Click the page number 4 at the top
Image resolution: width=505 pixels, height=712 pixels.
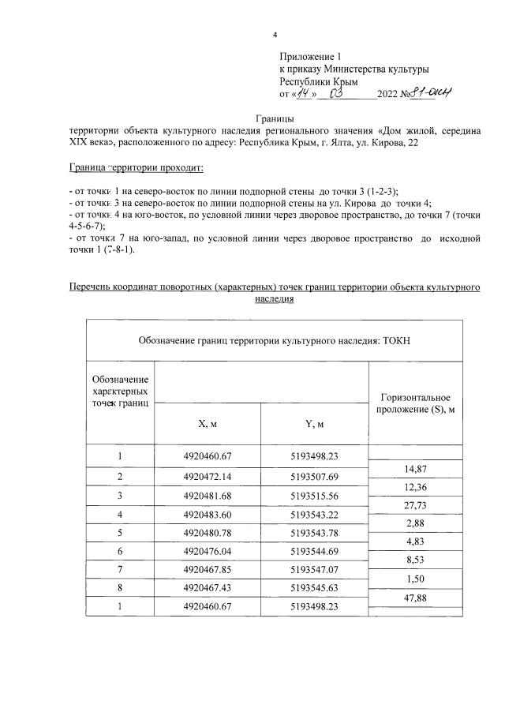pyautogui.click(x=275, y=35)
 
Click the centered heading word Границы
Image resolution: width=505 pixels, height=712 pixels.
pyautogui.click(x=275, y=118)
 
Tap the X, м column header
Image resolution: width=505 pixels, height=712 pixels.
pyautogui.click(x=208, y=424)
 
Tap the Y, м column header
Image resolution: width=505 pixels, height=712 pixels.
pyautogui.click(x=314, y=424)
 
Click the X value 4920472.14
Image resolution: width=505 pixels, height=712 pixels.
pyautogui.click(x=208, y=478)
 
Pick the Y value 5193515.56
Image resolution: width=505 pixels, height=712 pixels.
pyautogui.click(x=314, y=495)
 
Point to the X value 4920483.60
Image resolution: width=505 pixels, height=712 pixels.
pyautogui.click(x=208, y=513)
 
